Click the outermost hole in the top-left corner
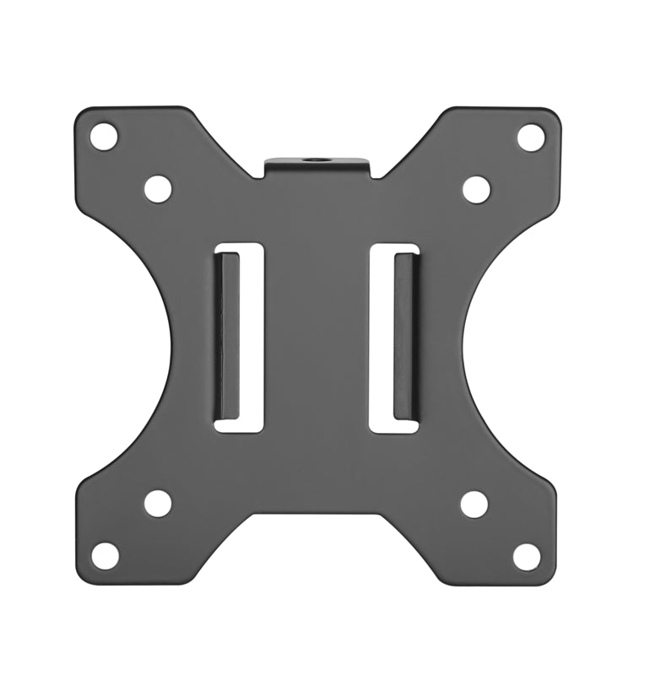pos(104,136)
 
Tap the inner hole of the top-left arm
pos(158,188)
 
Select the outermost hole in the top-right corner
pos(531,138)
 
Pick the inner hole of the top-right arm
pos(476,189)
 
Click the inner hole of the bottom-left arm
pos(157,503)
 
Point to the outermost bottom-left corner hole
pos(105,555)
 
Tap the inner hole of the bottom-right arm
pos(474,504)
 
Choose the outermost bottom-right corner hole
pos(527,556)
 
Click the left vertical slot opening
pos(239,337)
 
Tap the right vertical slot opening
pos(394,337)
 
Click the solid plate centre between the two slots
pos(317,337)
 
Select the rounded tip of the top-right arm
pos(550,120)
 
